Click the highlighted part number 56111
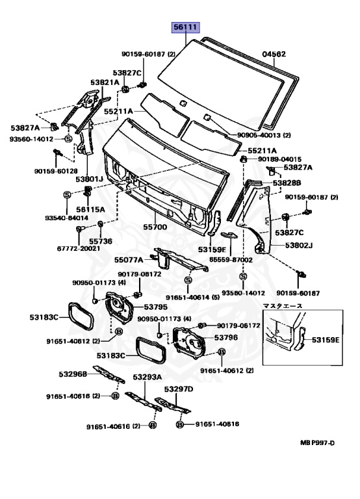[186, 27]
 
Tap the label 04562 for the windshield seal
[274, 54]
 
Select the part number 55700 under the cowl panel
[155, 227]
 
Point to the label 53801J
[90, 179]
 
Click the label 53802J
[299, 246]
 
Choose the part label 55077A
[129, 260]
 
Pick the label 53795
[156, 307]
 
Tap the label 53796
[226, 337]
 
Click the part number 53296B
[73, 374]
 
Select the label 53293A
[148, 377]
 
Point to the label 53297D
[179, 389]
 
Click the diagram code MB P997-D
[317, 442]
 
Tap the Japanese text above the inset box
[282, 306]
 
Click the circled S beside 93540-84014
[67, 194]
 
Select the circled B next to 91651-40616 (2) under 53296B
[116, 396]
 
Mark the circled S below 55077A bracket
[188, 280]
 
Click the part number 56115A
[90, 209]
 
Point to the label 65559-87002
[231, 260]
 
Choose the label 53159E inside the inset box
[326, 340]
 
